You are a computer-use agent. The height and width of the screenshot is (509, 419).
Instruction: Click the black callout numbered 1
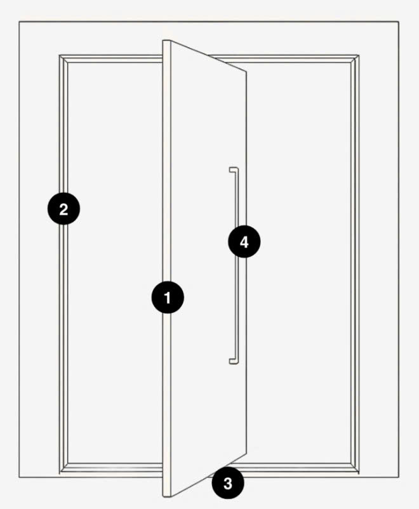click(168, 298)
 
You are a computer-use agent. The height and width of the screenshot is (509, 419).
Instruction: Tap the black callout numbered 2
click(63, 208)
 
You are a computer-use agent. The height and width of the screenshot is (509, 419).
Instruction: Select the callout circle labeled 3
click(228, 483)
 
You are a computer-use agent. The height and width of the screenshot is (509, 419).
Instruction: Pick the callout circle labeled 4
click(244, 242)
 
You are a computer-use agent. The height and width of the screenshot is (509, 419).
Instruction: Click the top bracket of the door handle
click(233, 170)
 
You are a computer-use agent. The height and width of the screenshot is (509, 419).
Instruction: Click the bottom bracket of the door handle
click(233, 361)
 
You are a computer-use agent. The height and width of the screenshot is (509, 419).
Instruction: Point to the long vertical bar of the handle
click(236, 265)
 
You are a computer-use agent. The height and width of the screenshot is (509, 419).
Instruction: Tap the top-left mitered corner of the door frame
click(63, 59)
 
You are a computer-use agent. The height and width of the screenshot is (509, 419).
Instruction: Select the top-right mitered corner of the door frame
click(355, 59)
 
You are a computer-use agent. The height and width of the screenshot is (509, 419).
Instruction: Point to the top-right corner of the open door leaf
click(246, 72)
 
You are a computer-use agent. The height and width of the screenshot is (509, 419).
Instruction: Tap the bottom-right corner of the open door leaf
click(246, 453)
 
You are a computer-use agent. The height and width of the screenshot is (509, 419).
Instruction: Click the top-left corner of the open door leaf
click(163, 41)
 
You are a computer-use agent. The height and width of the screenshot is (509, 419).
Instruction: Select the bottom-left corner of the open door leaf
click(163, 496)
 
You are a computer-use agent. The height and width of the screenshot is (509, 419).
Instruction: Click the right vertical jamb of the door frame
click(355, 263)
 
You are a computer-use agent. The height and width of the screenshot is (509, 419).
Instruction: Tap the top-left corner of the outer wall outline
click(19, 22)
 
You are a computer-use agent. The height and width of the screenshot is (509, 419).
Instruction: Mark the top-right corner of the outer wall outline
click(399, 22)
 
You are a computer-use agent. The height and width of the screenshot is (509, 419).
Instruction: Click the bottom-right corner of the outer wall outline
click(399, 477)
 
